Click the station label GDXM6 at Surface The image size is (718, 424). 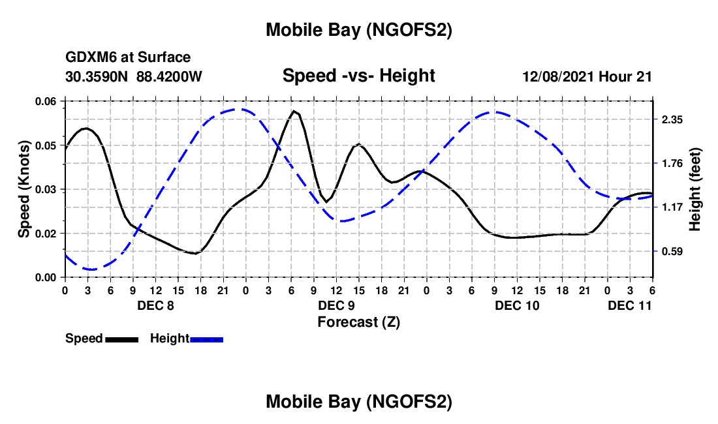(x=128, y=58)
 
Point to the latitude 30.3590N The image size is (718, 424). (x=98, y=77)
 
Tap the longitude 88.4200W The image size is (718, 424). (x=169, y=77)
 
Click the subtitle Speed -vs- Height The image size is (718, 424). (x=358, y=76)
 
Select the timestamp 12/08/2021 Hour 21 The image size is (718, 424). (x=587, y=77)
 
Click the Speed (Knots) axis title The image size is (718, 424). (x=24, y=189)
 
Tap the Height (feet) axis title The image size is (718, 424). (x=695, y=189)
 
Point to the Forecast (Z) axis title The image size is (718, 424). (x=358, y=322)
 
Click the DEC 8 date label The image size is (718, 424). (x=155, y=305)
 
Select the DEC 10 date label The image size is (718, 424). (x=517, y=305)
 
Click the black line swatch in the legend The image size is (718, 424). (x=121, y=339)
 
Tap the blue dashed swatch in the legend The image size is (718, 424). (x=207, y=339)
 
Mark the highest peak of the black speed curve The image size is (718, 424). (x=295, y=112)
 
